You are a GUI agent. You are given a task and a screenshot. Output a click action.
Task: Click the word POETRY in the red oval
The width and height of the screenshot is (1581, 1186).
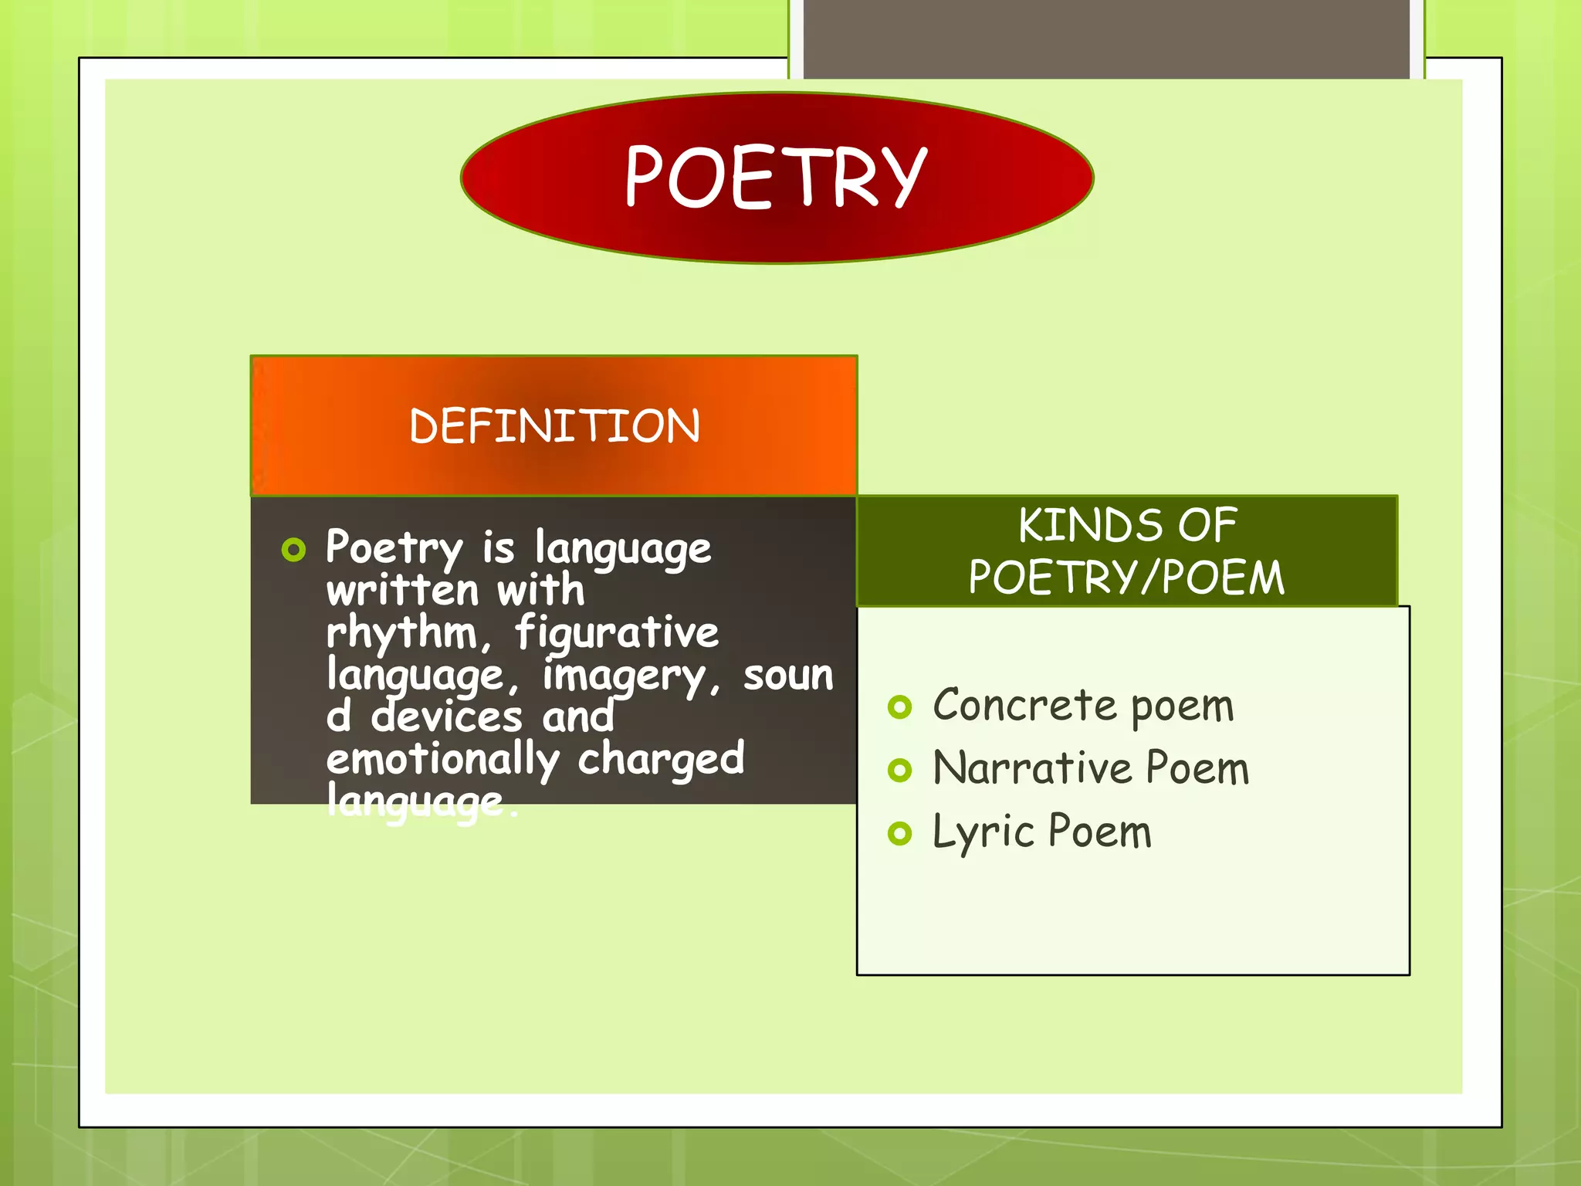(775, 177)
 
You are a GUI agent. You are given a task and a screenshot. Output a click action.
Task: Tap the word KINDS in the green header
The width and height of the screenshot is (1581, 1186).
(1089, 525)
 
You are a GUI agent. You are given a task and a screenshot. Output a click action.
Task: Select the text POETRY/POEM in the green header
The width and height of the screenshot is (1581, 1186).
(1126, 577)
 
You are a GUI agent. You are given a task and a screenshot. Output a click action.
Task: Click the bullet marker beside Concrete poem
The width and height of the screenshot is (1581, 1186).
(899, 707)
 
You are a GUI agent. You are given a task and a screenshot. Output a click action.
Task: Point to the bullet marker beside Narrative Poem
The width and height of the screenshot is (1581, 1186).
(899, 770)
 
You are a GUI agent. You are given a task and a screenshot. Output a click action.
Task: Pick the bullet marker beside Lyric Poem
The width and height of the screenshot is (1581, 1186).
(899, 833)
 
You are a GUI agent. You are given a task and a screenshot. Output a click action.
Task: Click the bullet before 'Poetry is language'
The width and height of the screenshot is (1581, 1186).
(293, 550)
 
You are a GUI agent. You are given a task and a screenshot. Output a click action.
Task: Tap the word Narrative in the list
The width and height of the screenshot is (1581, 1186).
(1032, 768)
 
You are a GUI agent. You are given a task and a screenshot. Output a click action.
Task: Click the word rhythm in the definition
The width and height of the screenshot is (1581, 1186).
(402, 633)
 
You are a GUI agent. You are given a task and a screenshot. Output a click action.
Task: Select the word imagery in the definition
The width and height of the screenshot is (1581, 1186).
(625, 676)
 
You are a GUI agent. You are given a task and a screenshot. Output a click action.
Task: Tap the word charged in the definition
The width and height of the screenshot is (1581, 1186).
(661, 760)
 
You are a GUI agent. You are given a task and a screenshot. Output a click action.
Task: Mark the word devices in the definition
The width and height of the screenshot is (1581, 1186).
(446, 717)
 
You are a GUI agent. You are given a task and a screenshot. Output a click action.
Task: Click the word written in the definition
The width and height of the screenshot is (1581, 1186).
(402, 591)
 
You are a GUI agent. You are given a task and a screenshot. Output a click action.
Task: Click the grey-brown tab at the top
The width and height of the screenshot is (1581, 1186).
(1106, 39)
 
